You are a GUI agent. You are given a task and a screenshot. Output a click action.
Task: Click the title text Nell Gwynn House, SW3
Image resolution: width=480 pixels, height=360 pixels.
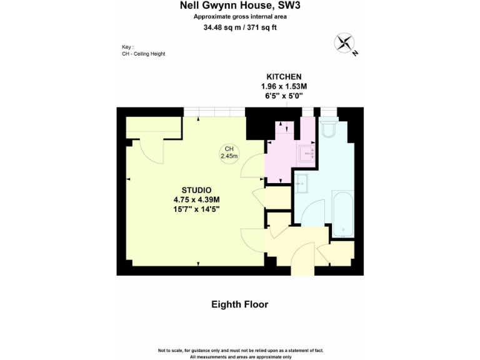(x=240, y=6)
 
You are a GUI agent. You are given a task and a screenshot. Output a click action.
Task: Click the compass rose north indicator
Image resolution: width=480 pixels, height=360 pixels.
(x=345, y=43)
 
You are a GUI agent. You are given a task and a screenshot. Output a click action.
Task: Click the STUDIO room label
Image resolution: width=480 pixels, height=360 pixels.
(x=196, y=190)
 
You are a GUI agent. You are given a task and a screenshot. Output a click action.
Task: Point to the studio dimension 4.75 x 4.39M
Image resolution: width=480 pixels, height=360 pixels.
(x=196, y=199)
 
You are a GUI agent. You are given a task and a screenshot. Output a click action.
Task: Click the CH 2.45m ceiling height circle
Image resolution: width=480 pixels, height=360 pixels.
(x=229, y=152)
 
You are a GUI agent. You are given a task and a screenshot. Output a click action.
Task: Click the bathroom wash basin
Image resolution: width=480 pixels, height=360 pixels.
(x=301, y=182)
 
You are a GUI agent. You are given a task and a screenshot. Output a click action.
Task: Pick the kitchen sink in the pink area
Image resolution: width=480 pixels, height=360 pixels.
(x=306, y=152)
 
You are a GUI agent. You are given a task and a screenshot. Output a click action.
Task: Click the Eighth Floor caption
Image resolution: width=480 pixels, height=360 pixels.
(x=239, y=304)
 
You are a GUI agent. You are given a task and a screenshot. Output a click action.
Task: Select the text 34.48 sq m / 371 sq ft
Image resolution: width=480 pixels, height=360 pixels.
(x=240, y=27)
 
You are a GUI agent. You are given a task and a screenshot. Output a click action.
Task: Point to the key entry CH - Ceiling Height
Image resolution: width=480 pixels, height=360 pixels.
(x=143, y=54)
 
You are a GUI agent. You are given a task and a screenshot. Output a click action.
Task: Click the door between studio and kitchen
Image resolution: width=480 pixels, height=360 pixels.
(x=254, y=165)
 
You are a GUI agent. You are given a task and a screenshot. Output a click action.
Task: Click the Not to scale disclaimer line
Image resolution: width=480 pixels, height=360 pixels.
(x=240, y=350)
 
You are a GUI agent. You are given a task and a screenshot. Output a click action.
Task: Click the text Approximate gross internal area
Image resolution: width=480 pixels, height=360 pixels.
(x=240, y=17)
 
